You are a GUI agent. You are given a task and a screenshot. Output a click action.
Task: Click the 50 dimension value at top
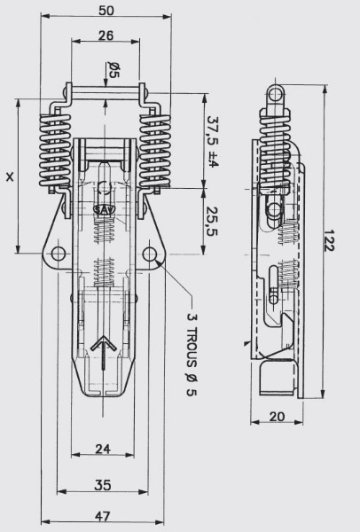(x=106, y=11)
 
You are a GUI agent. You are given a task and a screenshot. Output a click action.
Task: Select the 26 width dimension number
(x=106, y=35)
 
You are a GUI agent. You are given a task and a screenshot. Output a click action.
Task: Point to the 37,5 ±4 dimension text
(x=213, y=142)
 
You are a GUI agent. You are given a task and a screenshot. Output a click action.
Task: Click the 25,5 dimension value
(x=213, y=221)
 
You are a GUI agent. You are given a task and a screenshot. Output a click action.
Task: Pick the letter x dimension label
(x=10, y=176)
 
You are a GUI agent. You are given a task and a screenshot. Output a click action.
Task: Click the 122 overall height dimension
(x=328, y=240)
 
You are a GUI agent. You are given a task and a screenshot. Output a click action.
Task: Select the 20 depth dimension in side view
(x=277, y=417)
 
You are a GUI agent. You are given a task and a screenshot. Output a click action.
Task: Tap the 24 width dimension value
(x=103, y=449)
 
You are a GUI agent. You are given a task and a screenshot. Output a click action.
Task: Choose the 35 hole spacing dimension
(x=103, y=485)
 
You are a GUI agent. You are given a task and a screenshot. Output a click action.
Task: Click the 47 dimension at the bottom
(x=103, y=516)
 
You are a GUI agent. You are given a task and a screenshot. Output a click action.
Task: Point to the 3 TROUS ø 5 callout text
(x=192, y=354)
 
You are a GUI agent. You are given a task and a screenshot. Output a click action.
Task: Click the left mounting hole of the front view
(x=58, y=254)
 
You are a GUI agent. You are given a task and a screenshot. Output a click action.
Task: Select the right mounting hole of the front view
(x=149, y=254)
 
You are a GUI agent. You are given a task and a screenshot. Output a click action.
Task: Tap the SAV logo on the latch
(x=105, y=209)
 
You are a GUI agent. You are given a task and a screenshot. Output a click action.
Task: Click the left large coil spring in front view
(x=55, y=152)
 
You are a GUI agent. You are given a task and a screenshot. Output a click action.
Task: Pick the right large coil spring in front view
(x=154, y=152)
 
